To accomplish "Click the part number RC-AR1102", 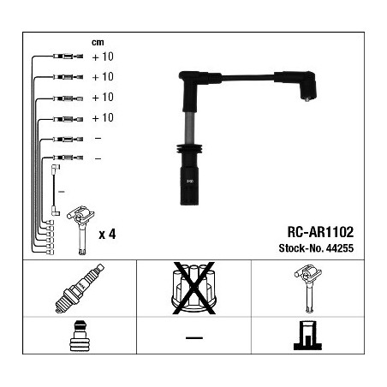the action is click(320, 232).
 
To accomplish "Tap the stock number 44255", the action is click(340, 248).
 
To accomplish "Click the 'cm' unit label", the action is click(98, 43).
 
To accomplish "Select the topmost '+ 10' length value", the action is click(103, 57).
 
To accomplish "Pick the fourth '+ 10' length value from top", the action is click(103, 117).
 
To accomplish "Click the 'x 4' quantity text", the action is click(107, 235).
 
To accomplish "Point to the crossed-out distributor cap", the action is click(193, 288).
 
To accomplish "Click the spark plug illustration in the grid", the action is click(80, 289).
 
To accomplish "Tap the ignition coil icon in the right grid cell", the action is click(308, 289).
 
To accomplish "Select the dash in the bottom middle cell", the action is click(194, 338).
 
